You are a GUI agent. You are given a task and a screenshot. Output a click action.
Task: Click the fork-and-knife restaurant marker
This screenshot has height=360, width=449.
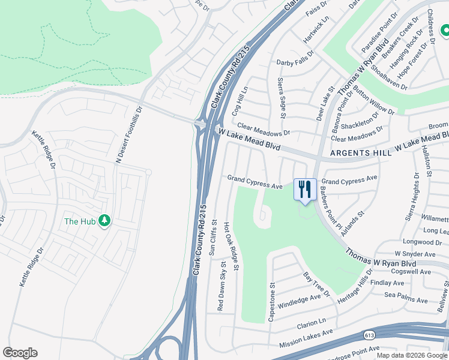pos(305,190)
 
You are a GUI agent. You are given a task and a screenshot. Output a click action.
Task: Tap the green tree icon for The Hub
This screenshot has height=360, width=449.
pos(105,221)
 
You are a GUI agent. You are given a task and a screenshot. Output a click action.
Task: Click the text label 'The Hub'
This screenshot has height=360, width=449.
pos(80,221)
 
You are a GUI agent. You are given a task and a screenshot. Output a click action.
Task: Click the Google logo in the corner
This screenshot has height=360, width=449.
pos(20,353)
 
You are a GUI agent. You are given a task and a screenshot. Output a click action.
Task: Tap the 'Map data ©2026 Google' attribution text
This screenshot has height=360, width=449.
pos(412,355)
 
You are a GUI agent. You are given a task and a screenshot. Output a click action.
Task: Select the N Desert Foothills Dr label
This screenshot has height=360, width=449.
pos(127,135)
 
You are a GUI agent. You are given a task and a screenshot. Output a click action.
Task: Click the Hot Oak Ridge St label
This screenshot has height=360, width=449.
pos(231,247)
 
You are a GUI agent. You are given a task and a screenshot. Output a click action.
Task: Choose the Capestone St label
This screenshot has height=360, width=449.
pos(271,302)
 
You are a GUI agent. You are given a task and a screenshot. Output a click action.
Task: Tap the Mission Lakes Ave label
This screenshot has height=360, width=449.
pos(306,340)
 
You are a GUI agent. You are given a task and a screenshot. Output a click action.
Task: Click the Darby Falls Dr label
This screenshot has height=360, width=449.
pos(295,62)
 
